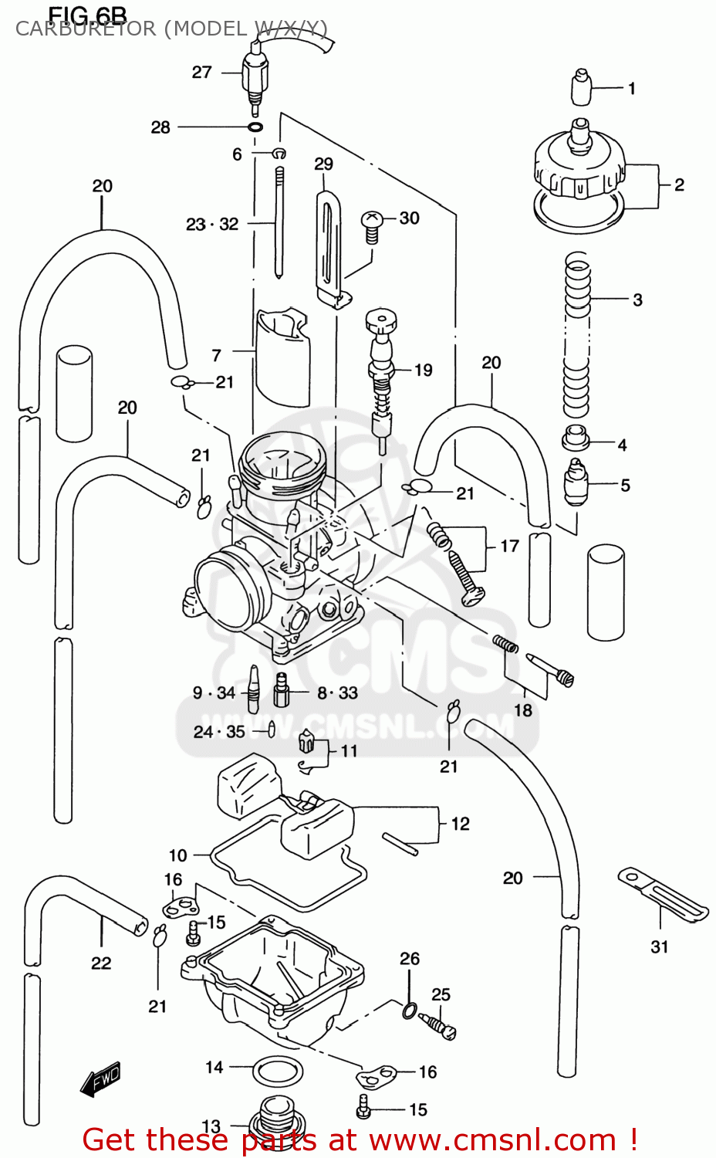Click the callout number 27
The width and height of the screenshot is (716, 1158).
coord(201,73)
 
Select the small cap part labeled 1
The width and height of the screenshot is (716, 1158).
coord(581,87)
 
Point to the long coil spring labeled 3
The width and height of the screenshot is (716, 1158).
coord(577,332)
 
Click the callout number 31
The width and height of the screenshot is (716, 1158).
coord(659,946)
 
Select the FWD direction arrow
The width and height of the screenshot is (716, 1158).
coord(101,1078)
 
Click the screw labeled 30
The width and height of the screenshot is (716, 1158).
coord(371,224)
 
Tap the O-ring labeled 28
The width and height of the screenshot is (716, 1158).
coord(255,127)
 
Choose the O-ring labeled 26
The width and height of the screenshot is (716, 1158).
coord(410,1009)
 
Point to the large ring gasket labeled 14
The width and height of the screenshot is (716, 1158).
coord(278,1071)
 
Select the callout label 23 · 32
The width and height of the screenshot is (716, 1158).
coord(212,225)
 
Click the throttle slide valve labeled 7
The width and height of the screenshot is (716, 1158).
coord(282,355)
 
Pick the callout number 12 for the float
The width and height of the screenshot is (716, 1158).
coord(460,824)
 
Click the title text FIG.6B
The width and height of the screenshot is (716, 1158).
coord(87,15)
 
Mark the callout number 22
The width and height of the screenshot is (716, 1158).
coord(101,963)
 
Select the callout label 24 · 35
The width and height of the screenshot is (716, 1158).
coord(219,732)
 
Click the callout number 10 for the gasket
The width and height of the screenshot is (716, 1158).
coord(177,855)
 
